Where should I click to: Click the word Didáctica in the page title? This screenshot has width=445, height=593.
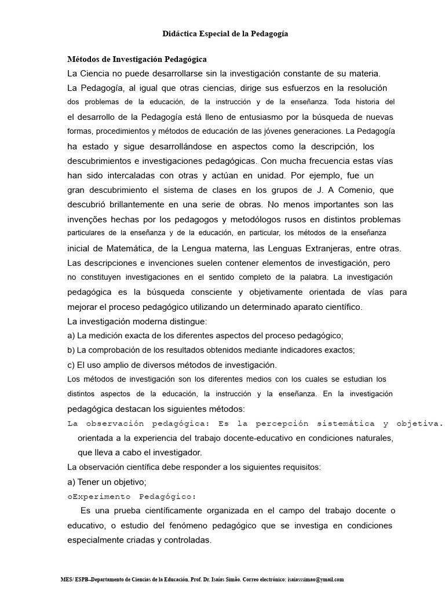[178, 34]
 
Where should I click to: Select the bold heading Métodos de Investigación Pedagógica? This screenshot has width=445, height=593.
[137, 59]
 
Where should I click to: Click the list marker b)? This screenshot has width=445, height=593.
[71, 350]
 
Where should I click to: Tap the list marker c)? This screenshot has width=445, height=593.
[71, 365]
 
